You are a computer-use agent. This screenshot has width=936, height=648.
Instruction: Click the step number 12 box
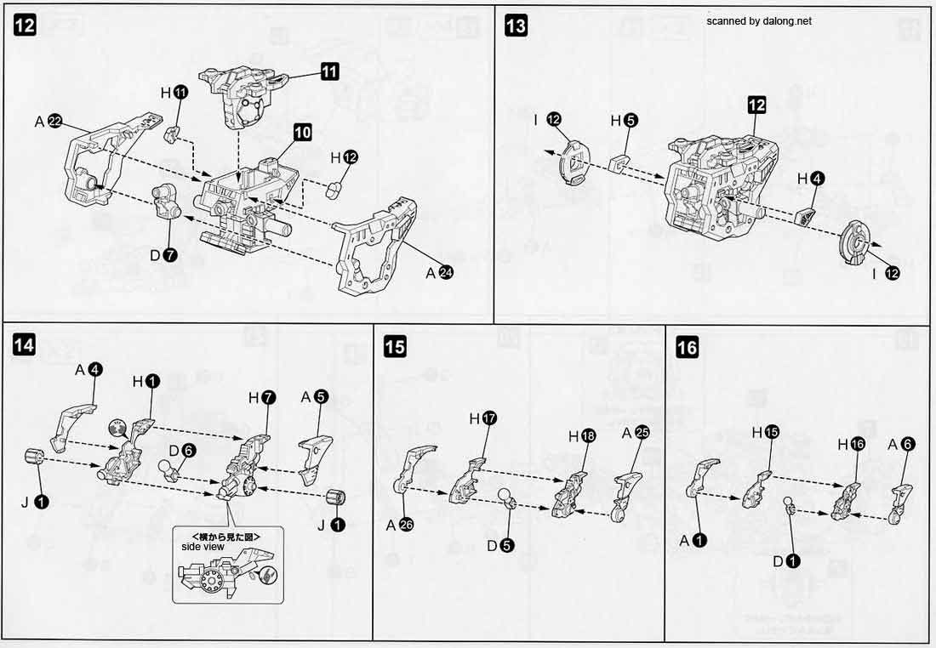coord(25,26)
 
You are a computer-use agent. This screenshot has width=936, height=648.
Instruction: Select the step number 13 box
coord(516,26)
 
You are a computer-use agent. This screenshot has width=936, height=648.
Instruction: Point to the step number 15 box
coord(395,346)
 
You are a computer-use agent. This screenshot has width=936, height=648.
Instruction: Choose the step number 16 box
coord(687,347)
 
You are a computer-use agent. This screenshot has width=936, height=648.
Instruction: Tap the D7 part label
coord(164,254)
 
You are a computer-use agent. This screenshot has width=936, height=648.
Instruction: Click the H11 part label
coord(173,92)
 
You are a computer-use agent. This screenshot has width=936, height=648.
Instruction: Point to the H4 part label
coord(809,179)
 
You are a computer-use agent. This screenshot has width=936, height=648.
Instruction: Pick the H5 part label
coord(622,120)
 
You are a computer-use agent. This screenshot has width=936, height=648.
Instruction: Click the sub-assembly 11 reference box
coord(329,72)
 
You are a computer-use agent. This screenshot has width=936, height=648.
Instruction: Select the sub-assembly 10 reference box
coord(303,132)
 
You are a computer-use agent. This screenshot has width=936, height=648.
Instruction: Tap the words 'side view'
coord(202,547)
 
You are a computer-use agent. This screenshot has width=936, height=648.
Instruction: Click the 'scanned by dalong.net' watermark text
coord(758,21)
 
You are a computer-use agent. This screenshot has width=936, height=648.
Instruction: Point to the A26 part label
coord(399,525)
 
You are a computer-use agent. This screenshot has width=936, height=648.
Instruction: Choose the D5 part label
coord(500,545)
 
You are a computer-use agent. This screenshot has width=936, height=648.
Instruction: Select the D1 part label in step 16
coord(785,560)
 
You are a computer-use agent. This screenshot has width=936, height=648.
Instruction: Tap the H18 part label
coord(582,435)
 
